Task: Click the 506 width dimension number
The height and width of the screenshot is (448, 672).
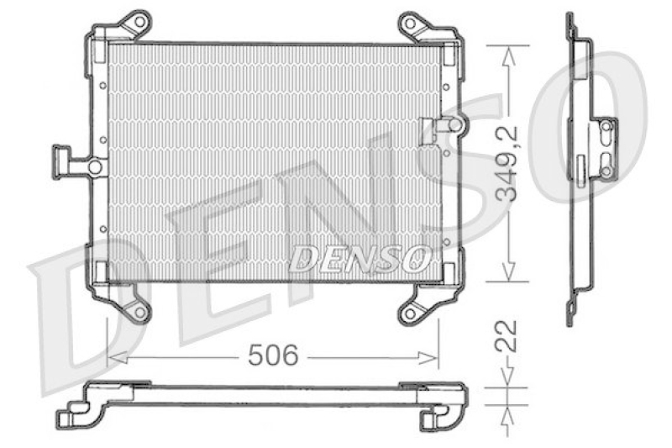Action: pos(273,356)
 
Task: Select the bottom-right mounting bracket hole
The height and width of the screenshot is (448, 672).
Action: pos(409,314)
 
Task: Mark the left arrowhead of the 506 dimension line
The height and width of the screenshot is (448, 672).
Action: pos(113,358)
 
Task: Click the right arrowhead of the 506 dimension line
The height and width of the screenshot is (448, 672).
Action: pos(434,358)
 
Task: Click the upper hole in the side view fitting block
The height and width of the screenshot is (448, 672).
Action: pos(605,127)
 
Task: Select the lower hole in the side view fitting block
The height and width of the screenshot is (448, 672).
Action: pos(605,171)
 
